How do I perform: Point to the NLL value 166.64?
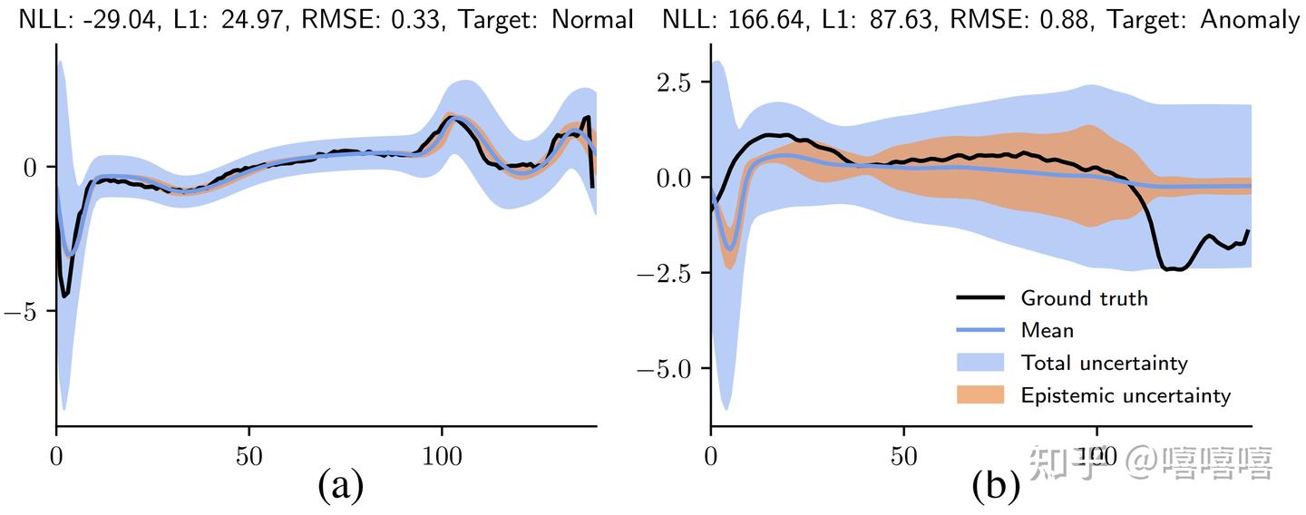point(765,18)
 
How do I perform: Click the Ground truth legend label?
point(1084,297)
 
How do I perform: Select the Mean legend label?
point(1047,330)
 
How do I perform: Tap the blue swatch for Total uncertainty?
point(980,363)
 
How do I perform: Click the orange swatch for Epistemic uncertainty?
point(980,395)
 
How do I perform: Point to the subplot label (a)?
point(340,487)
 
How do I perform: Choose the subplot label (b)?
point(995,487)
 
